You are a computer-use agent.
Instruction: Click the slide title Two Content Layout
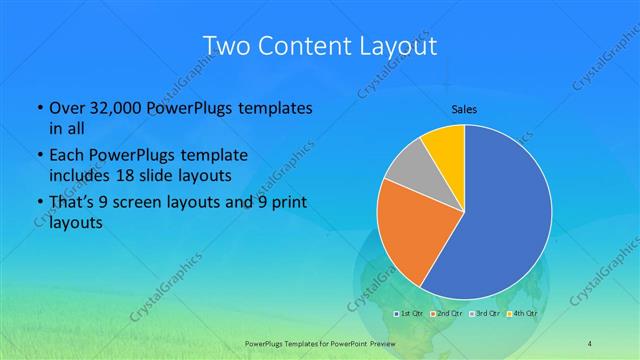click(x=319, y=47)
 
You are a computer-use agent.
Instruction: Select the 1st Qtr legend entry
click(x=410, y=314)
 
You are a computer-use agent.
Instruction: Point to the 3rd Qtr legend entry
click(x=488, y=314)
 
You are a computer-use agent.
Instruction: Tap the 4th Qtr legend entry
click(x=526, y=314)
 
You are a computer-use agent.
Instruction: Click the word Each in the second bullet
click(x=67, y=155)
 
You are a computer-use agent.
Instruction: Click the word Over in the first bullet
click(x=67, y=108)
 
